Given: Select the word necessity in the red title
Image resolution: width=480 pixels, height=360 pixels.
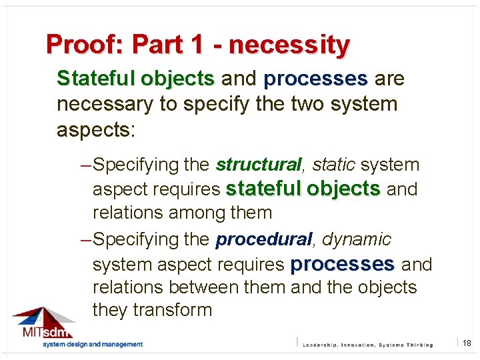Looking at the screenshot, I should pos(289,45).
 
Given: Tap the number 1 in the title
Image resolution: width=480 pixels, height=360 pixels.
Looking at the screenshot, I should pos(195,45).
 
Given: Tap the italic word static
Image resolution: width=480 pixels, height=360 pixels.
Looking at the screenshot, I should pos(334,165).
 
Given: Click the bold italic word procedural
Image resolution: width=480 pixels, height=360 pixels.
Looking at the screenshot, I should pos(264,239).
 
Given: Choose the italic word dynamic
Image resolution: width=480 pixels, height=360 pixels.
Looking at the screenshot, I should pos(357,239).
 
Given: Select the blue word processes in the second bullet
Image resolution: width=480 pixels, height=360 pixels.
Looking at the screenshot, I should pos(342,264).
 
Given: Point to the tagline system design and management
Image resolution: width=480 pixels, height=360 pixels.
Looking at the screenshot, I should pos(93,345).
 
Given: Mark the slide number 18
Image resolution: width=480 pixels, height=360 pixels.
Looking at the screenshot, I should pos(467,343).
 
